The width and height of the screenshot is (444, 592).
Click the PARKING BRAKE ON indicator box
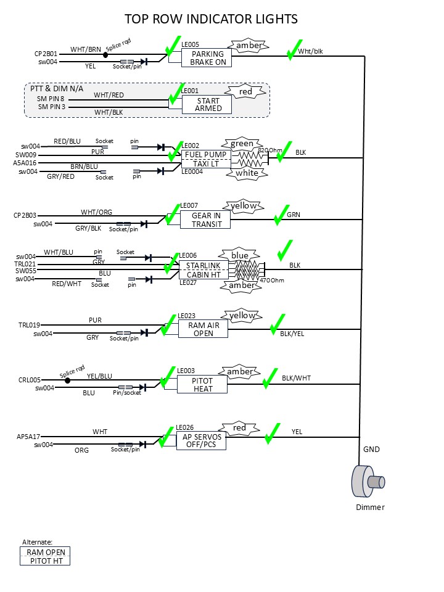pyautogui.click(x=207, y=58)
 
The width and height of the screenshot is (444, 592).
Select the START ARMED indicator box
pyautogui.click(x=207, y=105)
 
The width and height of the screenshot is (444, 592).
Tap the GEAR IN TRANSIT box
pyautogui.click(x=205, y=220)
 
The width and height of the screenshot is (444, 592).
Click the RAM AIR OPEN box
pyautogui.click(x=203, y=329)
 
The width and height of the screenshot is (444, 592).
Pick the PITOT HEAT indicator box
pyautogui.click(x=202, y=385)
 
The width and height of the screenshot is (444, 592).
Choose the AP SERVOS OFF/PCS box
pyautogui.click(x=201, y=440)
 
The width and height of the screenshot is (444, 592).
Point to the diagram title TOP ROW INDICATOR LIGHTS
pyautogui.click(x=211, y=19)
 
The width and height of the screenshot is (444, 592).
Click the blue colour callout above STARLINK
pyautogui.click(x=240, y=255)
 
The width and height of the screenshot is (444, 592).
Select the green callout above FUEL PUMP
pyautogui.click(x=242, y=144)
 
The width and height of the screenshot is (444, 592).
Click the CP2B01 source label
pyautogui.click(x=46, y=54)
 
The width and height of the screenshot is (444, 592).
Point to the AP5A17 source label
pyautogui.click(x=28, y=436)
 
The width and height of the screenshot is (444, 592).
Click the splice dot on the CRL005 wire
pyautogui.click(x=67, y=380)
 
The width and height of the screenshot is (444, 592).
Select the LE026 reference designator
pyautogui.click(x=185, y=427)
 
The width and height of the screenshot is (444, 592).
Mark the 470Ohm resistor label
pyautogui.click(x=272, y=280)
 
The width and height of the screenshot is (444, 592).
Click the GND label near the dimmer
pyautogui.click(x=371, y=450)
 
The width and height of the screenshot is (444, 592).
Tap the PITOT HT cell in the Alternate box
pyautogui.click(x=46, y=561)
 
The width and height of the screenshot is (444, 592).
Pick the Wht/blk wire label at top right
pyautogui.click(x=310, y=51)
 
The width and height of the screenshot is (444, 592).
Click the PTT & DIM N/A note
pyautogui.click(x=57, y=89)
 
